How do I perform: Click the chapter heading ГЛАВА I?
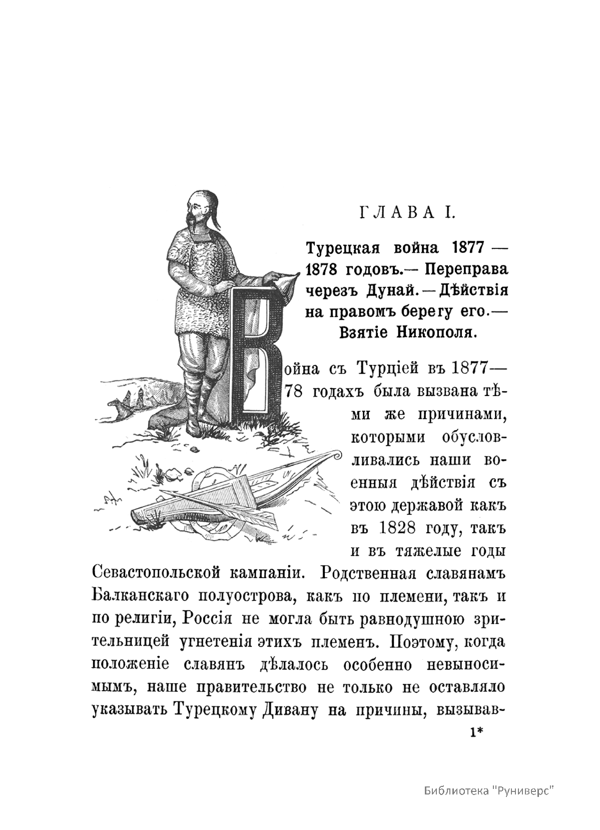[x=407, y=213]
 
